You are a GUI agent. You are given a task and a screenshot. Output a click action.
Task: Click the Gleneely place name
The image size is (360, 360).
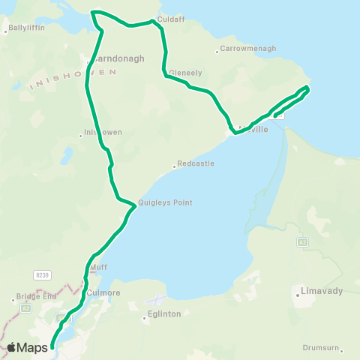coord(185,73)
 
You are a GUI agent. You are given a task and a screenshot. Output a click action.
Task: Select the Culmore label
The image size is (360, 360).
coord(103,292)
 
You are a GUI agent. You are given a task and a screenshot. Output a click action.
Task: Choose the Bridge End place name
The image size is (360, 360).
coord(36,296)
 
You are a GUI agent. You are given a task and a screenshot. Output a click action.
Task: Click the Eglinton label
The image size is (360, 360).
coord(165,314)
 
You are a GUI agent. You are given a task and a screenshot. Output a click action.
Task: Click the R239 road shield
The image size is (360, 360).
coord(42,274)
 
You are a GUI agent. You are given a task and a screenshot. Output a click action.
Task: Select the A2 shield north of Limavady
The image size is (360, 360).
coord(302,242)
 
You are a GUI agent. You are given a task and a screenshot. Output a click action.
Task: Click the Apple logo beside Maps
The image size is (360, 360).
coord(12,347)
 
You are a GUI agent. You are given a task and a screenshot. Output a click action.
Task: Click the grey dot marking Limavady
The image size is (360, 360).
coord(298,295)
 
